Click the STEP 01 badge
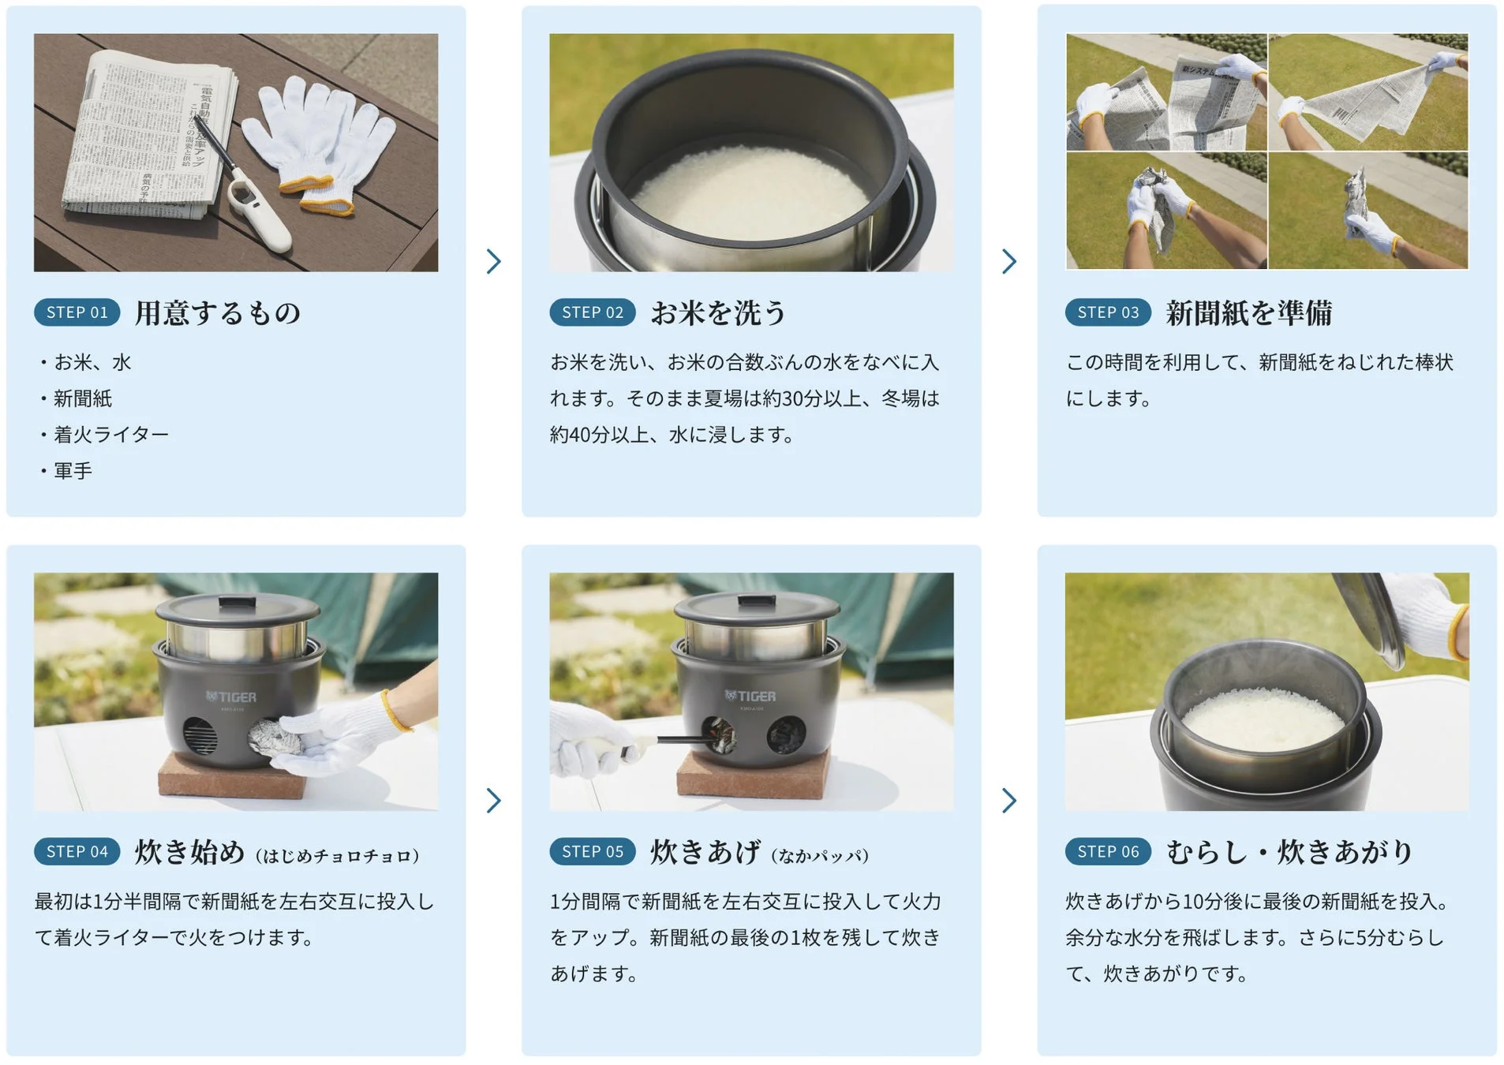(77, 312)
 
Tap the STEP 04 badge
(77, 851)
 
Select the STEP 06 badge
(1108, 851)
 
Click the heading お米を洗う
(717, 313)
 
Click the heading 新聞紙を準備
(1248, 313)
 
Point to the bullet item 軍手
(73, 471)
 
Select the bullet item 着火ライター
(110, 435)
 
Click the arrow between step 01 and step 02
(494, 261)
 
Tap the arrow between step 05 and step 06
(1008, 800)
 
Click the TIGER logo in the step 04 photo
(230, 697)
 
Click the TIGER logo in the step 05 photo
(750, 696)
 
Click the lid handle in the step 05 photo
(755, 603)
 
